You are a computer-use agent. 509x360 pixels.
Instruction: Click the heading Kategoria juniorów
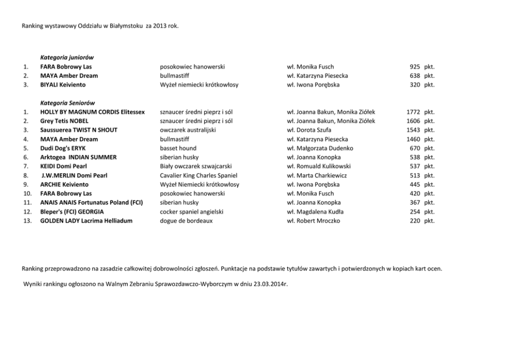tap(67, 57)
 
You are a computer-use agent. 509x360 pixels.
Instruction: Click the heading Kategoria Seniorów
tap(67, 103)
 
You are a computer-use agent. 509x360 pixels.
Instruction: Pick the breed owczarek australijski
tap(188, 130)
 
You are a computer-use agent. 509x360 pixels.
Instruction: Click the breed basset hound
tap(178, 148)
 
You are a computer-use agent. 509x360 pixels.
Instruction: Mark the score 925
tap(415, 67)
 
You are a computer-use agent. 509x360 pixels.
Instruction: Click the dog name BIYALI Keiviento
tap(63, 85)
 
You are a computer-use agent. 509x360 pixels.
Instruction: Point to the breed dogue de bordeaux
tap(186, 221)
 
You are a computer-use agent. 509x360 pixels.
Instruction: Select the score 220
tap(415, 221)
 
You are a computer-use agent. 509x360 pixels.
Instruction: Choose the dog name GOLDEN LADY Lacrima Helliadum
tap(86, 221)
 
